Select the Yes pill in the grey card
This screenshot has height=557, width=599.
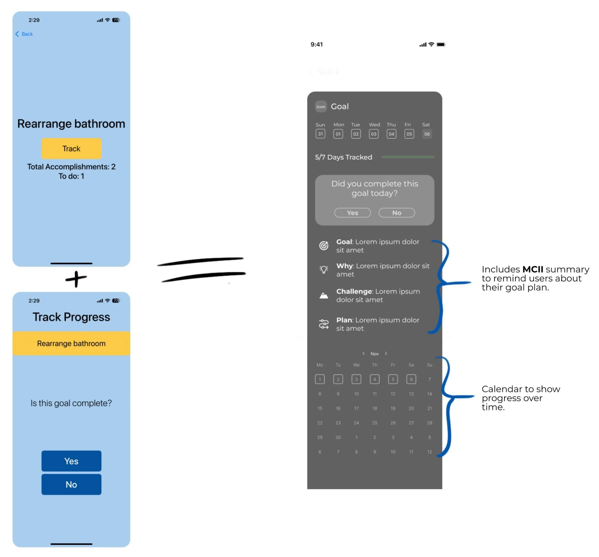coord(353,213)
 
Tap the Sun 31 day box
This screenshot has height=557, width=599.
coord(320,134)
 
